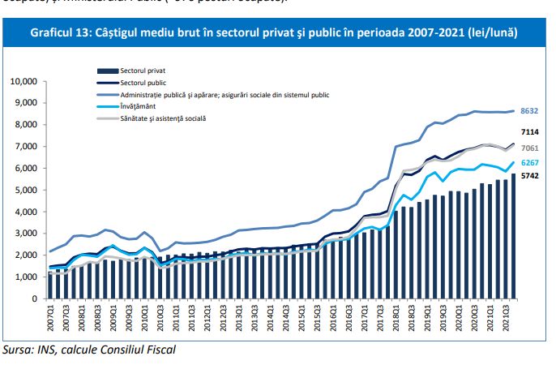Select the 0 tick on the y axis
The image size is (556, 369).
36,298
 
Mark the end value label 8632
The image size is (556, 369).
530,111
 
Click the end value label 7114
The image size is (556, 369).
530,132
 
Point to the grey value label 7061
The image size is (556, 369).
530,148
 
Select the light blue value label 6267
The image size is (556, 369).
530,162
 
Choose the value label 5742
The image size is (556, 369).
530,175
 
